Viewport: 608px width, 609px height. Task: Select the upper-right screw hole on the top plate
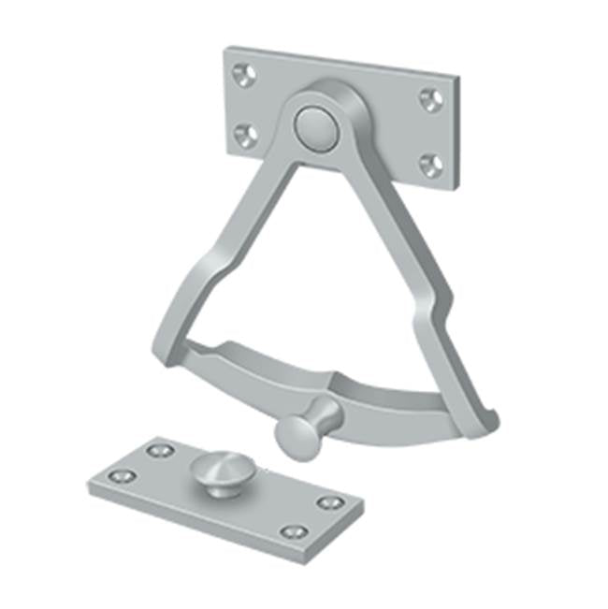430,99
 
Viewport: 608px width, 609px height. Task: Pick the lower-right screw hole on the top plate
430,165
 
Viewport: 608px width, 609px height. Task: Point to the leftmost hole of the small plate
120,476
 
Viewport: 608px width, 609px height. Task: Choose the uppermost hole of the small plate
159,451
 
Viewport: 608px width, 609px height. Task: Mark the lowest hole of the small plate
294,532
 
